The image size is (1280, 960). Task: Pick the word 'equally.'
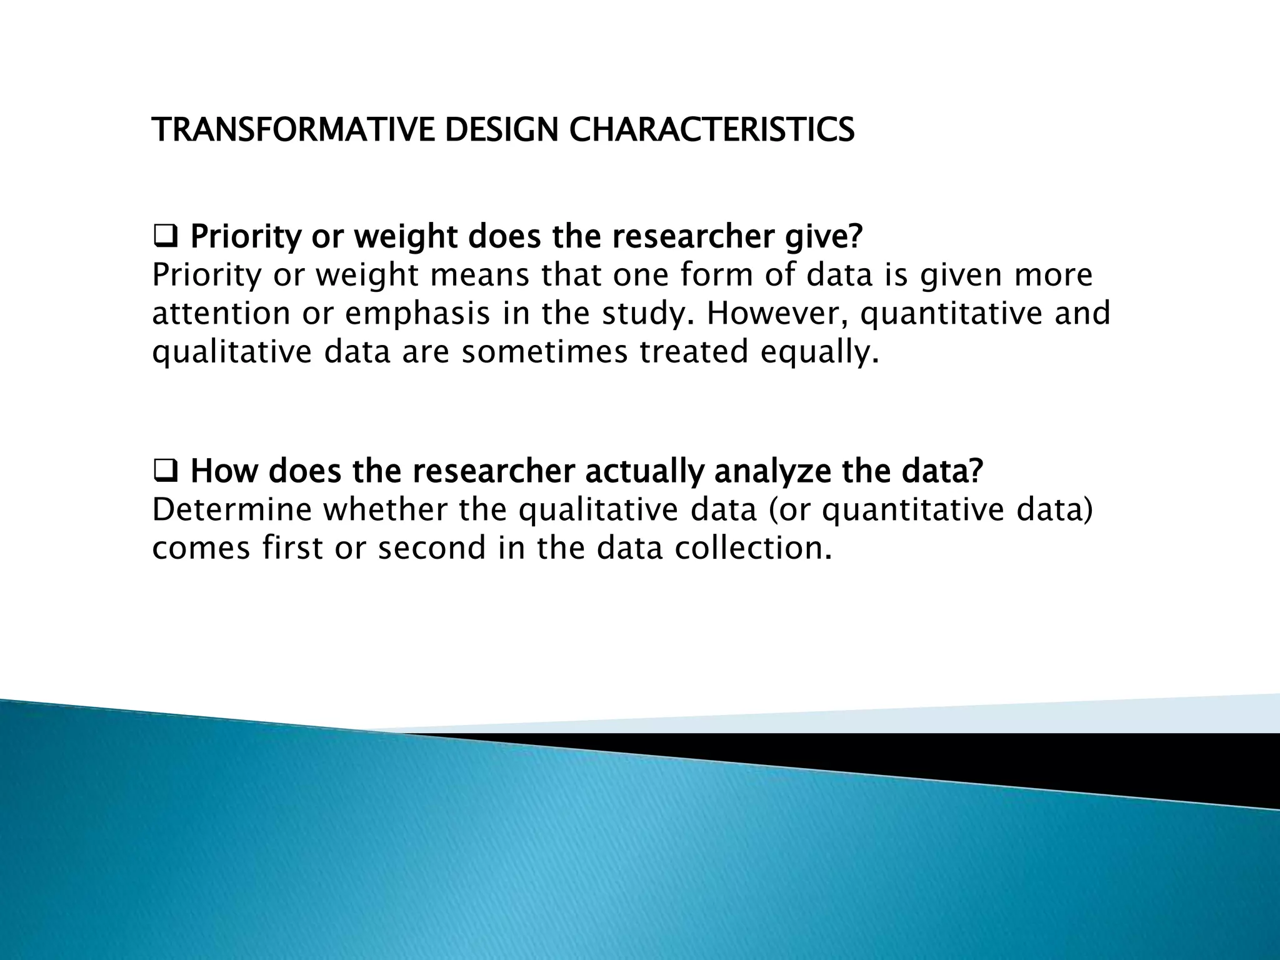tap(819, 352)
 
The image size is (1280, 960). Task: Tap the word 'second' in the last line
tap(432, 549)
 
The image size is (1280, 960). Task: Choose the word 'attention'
tap(221, 314)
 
